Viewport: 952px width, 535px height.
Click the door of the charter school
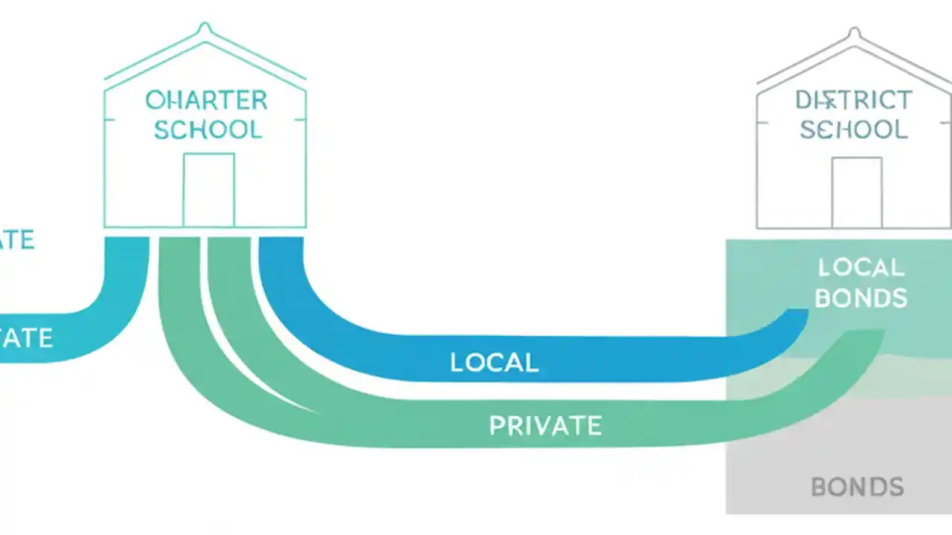208,189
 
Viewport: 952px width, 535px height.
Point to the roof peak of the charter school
205,28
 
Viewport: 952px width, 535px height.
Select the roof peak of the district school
855,33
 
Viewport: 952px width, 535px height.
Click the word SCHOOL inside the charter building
208,129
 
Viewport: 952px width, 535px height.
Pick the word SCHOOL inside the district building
854,129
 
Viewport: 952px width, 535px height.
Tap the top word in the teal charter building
206,100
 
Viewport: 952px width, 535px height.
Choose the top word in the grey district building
854,100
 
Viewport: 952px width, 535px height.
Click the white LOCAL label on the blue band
494,363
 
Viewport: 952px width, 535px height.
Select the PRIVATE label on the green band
545,426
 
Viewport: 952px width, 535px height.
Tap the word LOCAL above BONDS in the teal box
861,267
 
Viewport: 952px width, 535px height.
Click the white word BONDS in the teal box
861,298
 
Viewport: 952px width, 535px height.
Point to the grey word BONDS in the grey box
857,487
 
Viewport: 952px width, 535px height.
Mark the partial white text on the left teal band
26,339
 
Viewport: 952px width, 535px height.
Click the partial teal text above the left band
16,240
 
